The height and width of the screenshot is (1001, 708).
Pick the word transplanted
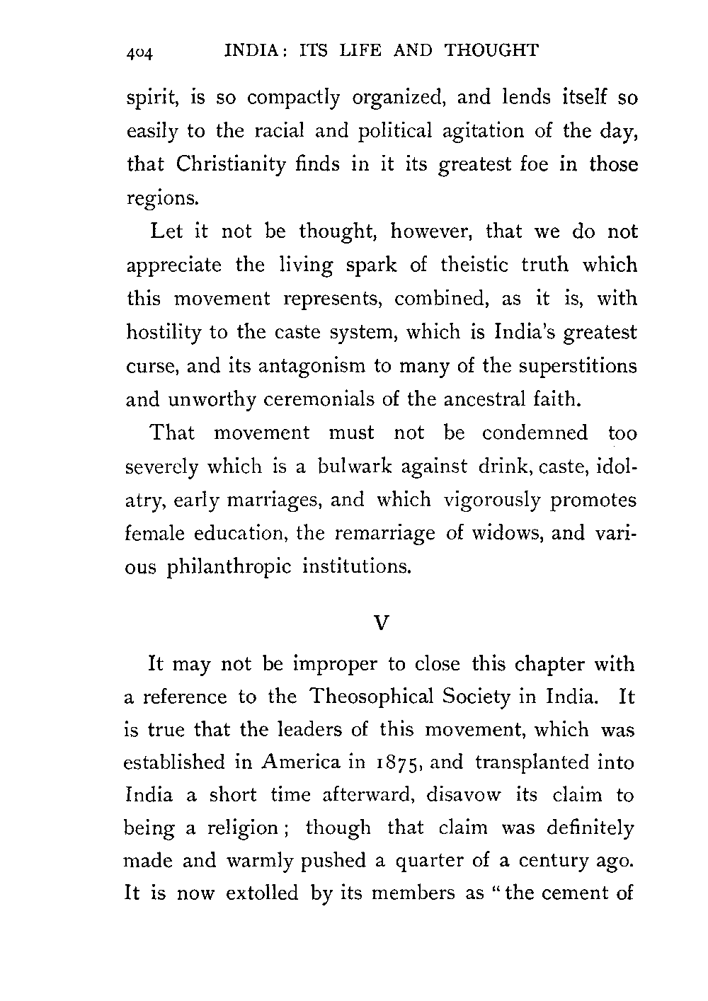(537, 763)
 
